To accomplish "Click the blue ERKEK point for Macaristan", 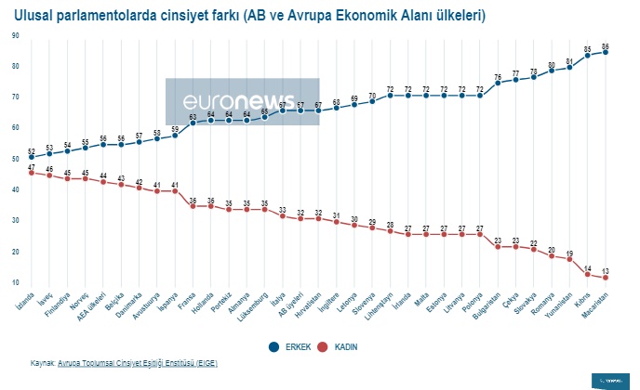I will click(x=606, y=52).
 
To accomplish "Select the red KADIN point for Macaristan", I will click(x=606, y=278).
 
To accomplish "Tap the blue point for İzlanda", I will click(x=32, y=158).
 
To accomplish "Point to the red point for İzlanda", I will click(x=32, y=173).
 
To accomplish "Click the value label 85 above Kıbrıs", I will click(x=588, y=48).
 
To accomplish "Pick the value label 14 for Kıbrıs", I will click(x=588, y=267).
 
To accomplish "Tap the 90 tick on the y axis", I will click(x=15, y=35).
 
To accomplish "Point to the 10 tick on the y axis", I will click(x=15, y=282).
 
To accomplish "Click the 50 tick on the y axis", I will click(x=15, y=159).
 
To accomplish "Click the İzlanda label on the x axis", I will click(x=23, y=299).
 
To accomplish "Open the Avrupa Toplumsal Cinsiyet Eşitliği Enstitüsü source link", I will click(x=138, y=363).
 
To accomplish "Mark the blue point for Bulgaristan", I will click(x=498, y=83).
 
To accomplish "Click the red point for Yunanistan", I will click(x=569, y=259).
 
